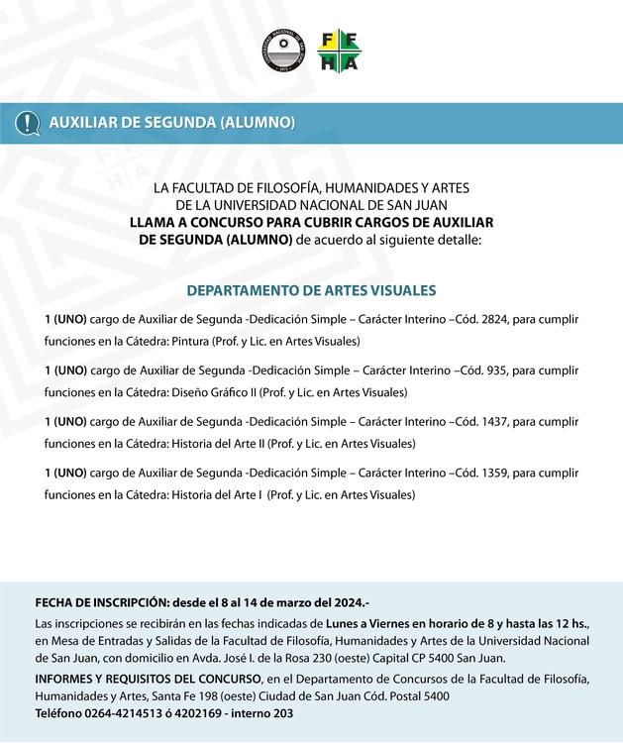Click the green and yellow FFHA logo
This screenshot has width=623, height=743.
tap(338, 51)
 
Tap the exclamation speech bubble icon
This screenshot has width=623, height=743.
tap(27, 123)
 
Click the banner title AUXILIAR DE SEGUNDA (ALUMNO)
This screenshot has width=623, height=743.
tap(172, 123)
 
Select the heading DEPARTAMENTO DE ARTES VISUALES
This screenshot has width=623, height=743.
tap(311, 290)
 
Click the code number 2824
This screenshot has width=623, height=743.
tap(494, 319)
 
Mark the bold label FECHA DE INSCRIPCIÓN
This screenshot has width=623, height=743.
tap(101, 602)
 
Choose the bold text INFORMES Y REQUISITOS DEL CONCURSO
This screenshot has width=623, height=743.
tap(148, 678)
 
